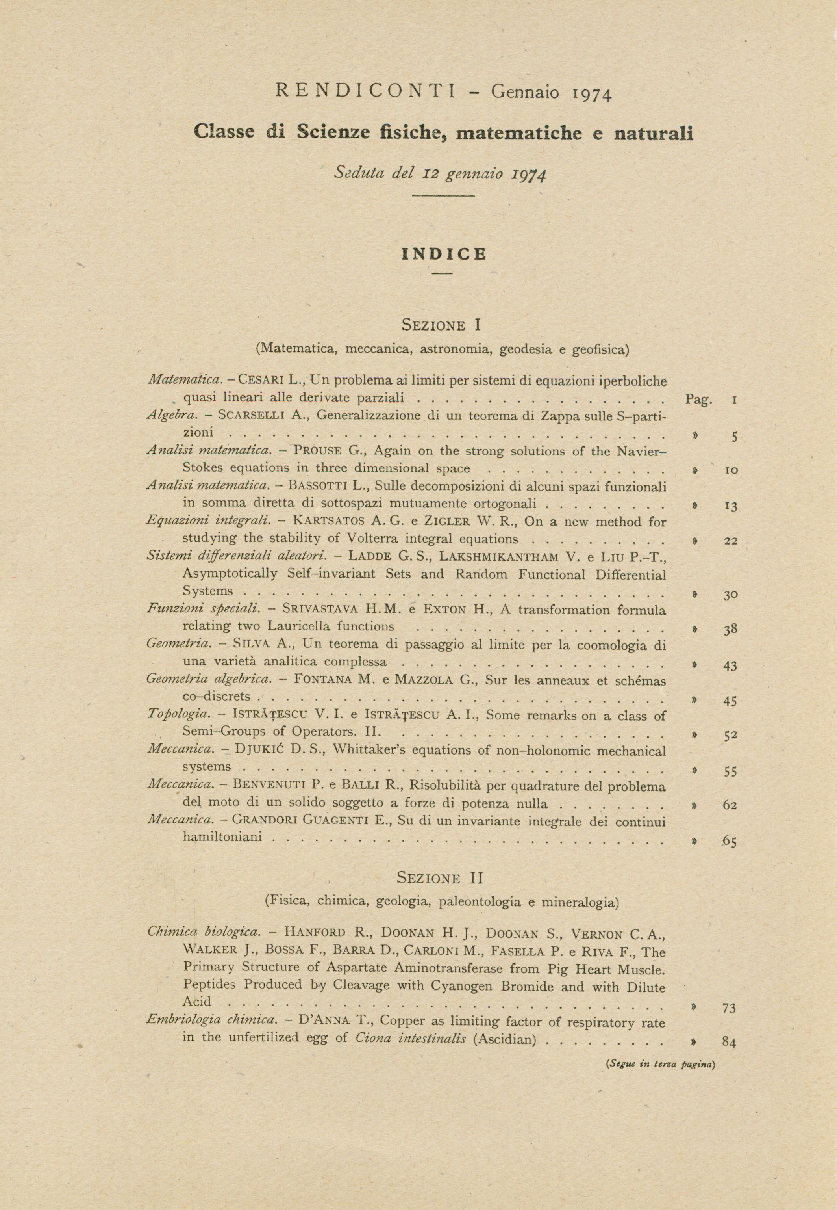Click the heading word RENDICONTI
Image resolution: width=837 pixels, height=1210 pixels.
click(x=365, y=91)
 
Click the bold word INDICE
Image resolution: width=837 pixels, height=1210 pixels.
click(x=444, y=255)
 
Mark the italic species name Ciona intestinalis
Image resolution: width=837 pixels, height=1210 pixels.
click(x=411, y=1038)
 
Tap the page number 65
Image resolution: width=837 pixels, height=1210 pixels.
click(x=730, y=842)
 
